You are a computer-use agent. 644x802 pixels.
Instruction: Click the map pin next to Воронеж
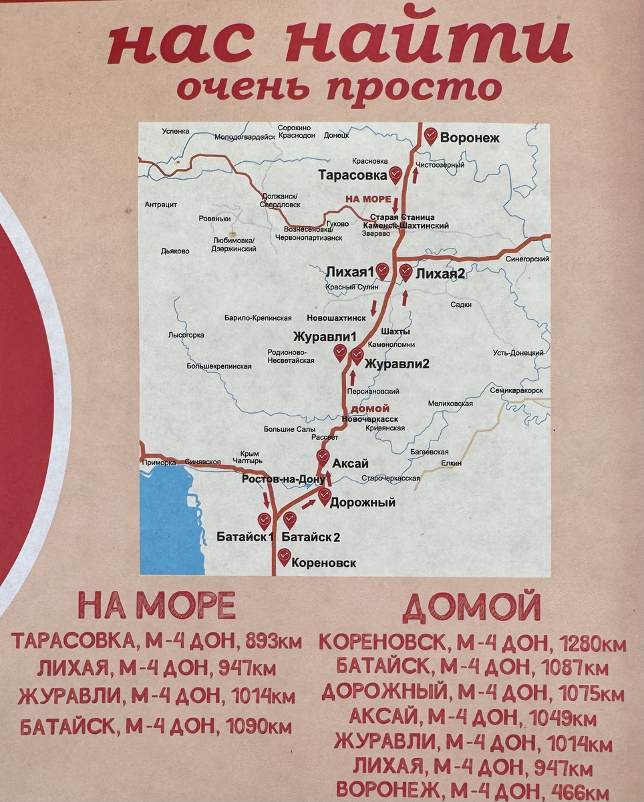coord(431,136)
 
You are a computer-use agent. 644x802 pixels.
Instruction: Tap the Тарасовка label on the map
coord(353,175)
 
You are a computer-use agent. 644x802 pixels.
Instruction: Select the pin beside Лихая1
coord(382,271)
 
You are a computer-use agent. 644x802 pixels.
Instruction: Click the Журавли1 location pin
coord(340,352)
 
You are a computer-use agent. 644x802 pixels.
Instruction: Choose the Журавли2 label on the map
coord(397,364)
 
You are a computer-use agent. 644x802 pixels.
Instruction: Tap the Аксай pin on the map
coord(323,458)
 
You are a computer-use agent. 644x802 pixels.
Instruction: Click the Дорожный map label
coord(363,503)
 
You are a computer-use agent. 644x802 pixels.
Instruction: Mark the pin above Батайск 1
coord(264,520)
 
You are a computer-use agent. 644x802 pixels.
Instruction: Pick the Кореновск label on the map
coord(324,563)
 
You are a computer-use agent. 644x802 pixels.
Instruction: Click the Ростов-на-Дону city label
coord(283,479)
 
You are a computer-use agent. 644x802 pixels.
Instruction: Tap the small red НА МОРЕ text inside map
coord(368,199)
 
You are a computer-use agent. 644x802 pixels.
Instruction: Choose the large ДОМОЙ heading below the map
coord(472,608)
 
